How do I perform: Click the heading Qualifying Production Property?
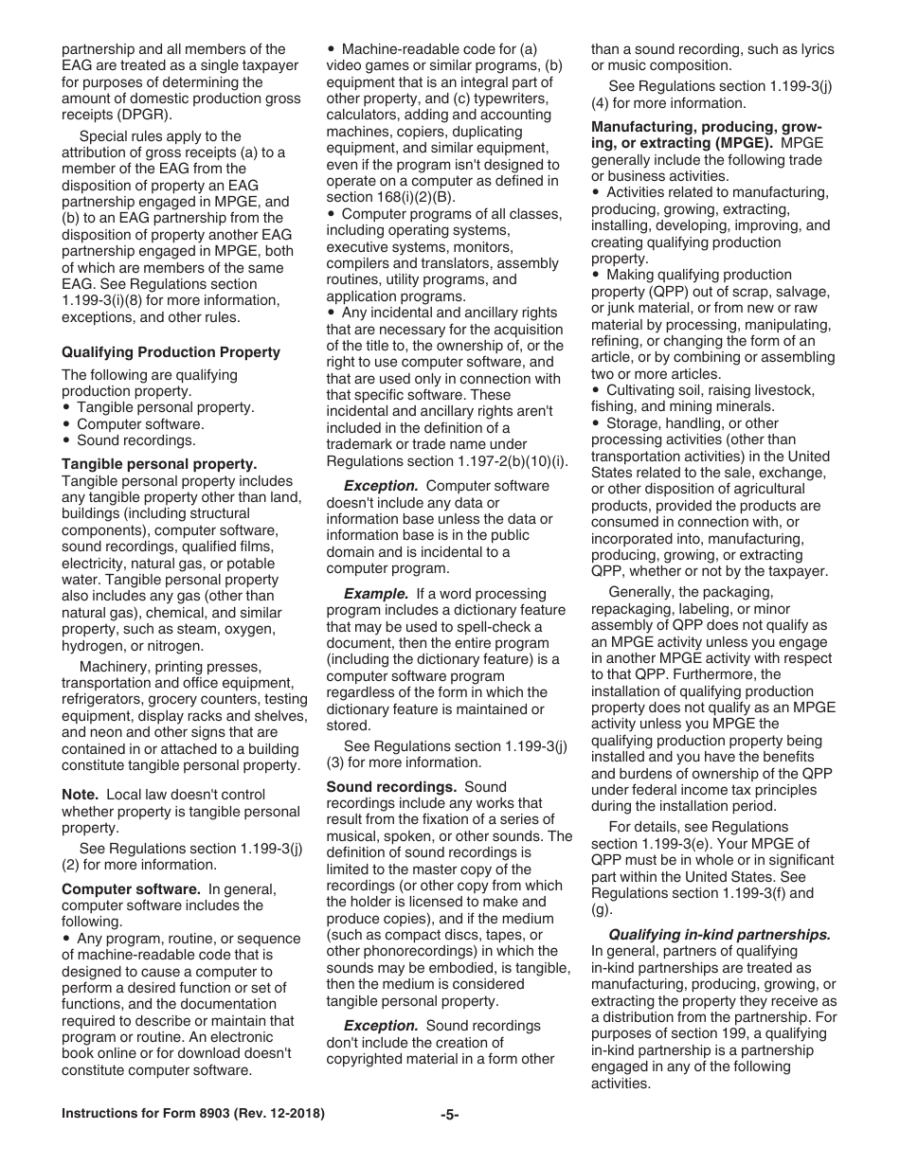[171, 352]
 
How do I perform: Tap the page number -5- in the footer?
[449, 1115]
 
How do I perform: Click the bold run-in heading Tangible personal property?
[159, 464]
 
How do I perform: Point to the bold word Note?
[80, 795]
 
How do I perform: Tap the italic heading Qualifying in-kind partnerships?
[719, 934]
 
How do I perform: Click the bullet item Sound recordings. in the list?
[136, 440]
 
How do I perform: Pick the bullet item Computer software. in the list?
[140, 424]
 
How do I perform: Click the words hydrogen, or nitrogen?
[132, 646]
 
